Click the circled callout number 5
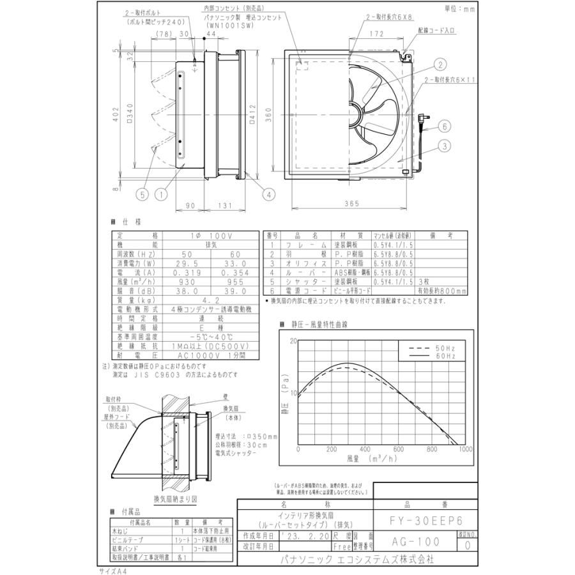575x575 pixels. click(143, 190)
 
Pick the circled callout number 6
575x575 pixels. click(443, 126)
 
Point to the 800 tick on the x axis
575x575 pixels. click(431, 450)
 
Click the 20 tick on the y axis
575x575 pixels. click(294, 341)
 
